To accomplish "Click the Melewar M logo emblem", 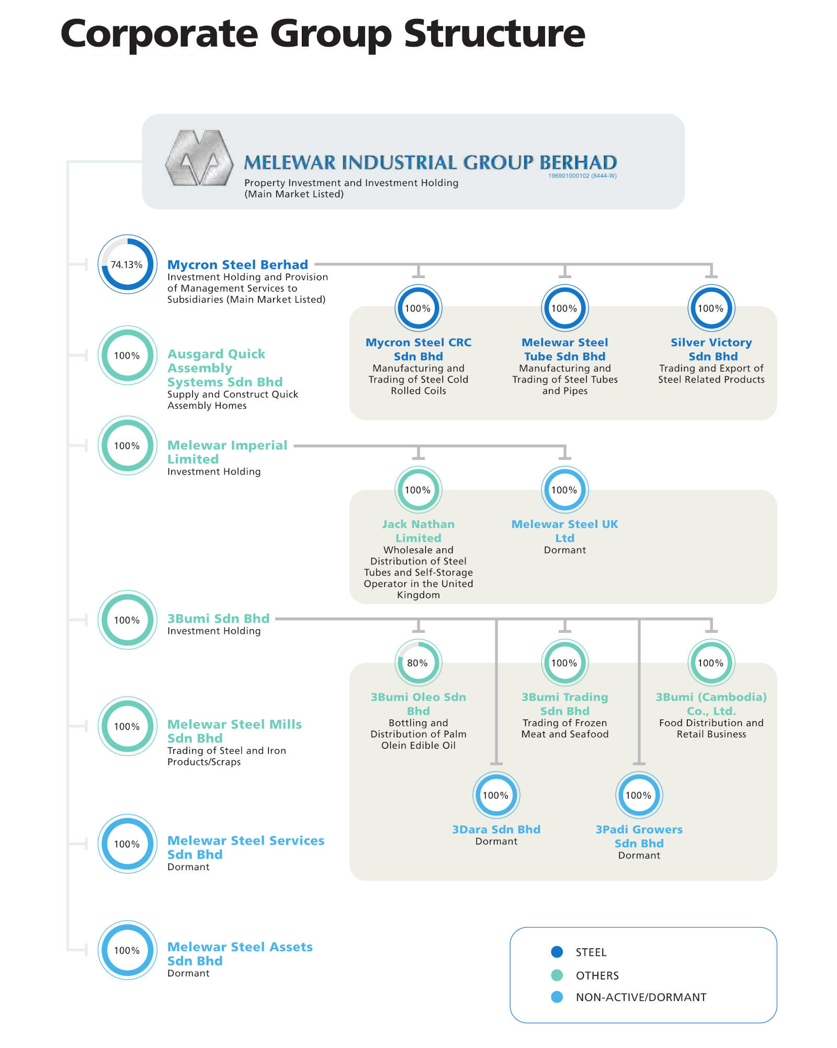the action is click(199, 158).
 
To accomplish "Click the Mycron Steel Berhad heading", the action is click(237, 264).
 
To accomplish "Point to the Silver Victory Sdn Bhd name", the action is click(711, 349).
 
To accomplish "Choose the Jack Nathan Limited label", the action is click(418, 531).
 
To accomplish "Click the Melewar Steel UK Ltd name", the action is click(565, 531).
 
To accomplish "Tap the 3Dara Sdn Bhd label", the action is click(496, 829).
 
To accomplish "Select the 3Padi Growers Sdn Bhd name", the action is click(639, 836).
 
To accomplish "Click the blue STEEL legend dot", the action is click(557, 952).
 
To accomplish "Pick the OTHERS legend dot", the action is click(557, 975).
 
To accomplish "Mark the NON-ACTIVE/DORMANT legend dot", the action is click(557, 997).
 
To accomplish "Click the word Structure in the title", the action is click(494, 33).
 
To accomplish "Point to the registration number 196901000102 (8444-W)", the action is click(582, 176).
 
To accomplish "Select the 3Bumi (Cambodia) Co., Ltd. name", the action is click(711, 704).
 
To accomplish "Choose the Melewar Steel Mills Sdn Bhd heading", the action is click(234, 731).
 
